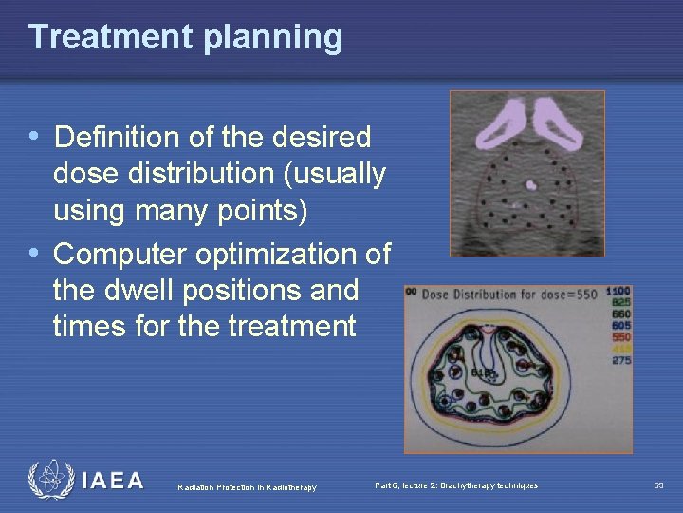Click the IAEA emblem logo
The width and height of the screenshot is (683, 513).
[x=50, y=480]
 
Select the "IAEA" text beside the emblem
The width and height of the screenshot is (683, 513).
[x=113, y=481]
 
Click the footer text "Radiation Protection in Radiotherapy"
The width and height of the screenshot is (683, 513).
[x=247, y=487]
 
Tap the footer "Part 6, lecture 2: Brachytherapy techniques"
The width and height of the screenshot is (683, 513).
[x=456, y=485]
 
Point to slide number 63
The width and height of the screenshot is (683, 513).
[x=658, y=485]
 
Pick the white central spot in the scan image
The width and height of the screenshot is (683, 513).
[x=531, y=185]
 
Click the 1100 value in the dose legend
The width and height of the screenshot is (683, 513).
[x=618, y=291]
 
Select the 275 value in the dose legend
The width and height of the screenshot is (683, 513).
[x=620, y=360]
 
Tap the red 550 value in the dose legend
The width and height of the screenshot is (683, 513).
[x=620, y=336]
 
